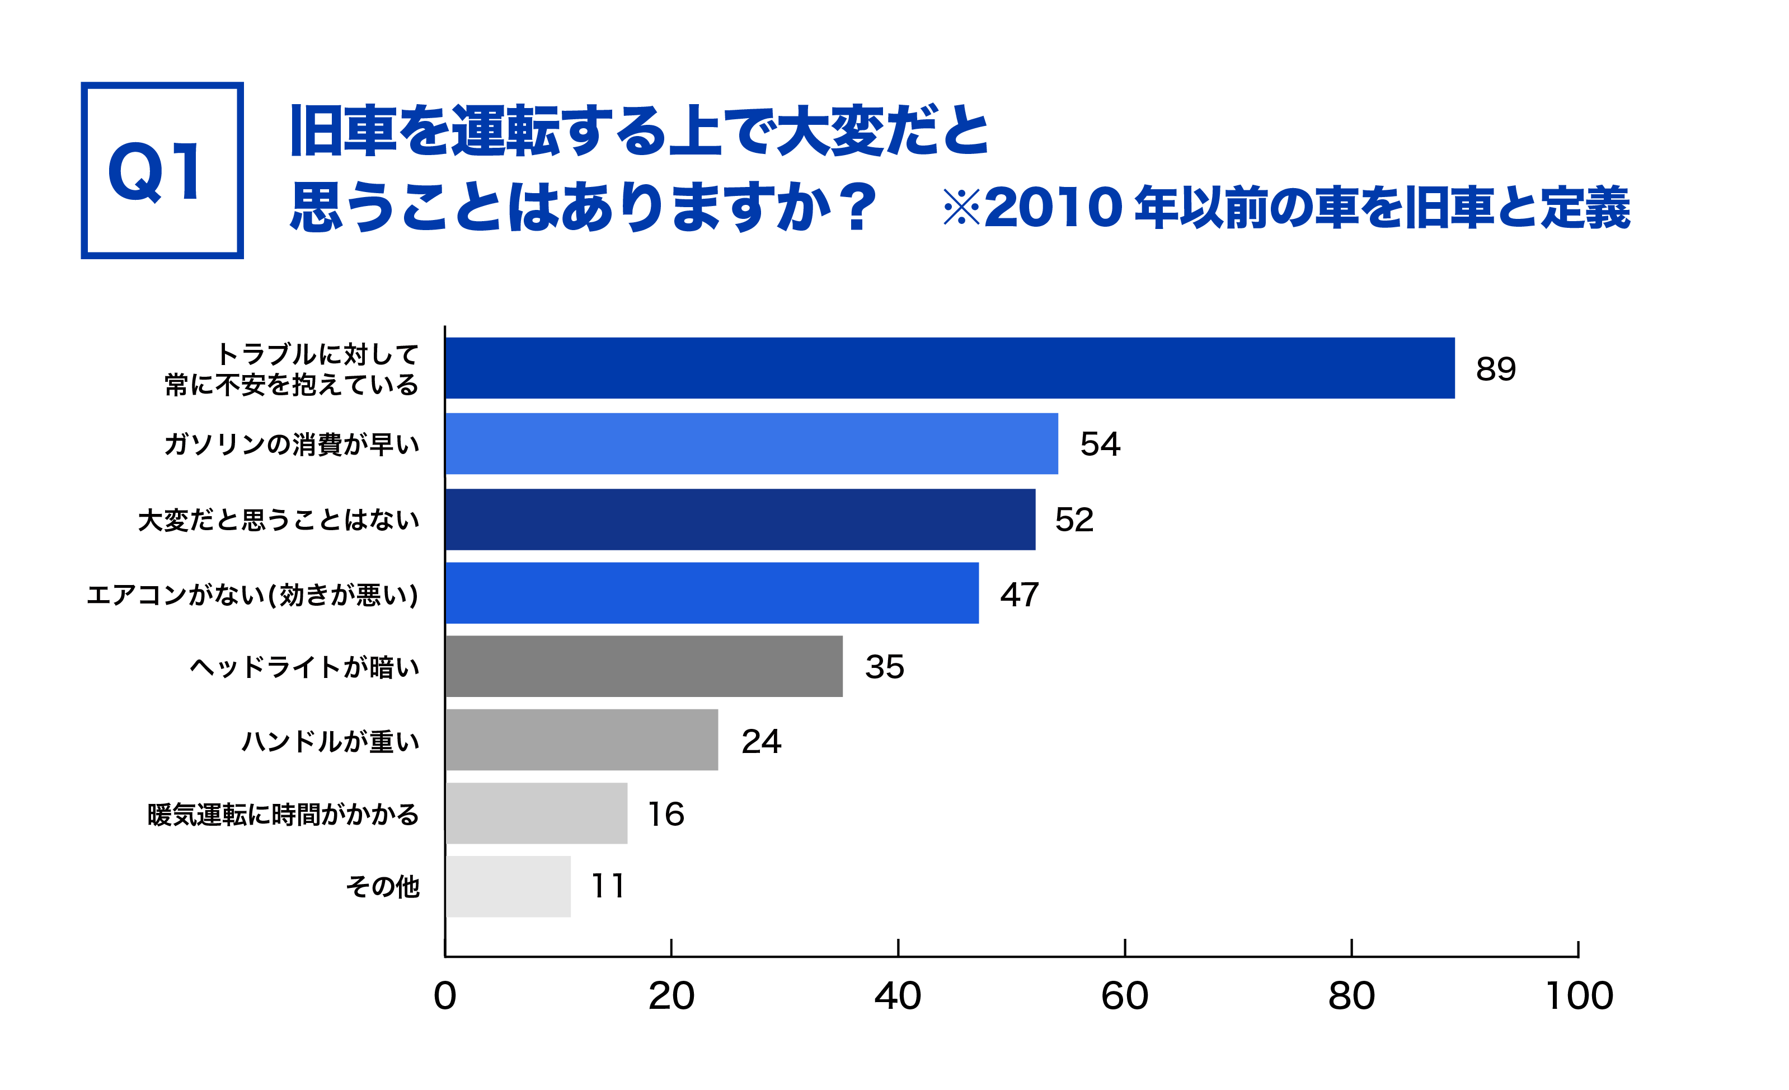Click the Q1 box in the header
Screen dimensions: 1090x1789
[x=162, y=171]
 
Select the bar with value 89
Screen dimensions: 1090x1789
[x=950, y=368]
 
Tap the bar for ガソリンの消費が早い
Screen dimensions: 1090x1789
[x=752, y=444]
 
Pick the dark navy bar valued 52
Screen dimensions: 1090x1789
[x=740, y=519]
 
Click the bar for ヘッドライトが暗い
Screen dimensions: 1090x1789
[x=644, y=667]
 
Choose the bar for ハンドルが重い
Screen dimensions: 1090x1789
[x=581, y=740]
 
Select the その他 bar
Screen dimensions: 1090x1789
[x=508, y=887]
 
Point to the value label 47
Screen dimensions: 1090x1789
[x=1020, y=595]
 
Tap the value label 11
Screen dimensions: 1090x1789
[x=608, y=887]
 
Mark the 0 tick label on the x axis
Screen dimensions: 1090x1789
[x=444, y=997]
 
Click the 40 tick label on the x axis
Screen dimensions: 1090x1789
[x=898, y=997]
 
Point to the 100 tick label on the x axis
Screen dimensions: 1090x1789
[x=1579, y=997]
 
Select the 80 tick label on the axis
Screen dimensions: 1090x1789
[x=1351, y=997]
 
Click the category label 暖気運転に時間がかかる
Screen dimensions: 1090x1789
[x=283, y=815]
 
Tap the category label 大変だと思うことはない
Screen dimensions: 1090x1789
[x=279, y=520]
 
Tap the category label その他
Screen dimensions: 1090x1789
[x=383, y=887]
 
